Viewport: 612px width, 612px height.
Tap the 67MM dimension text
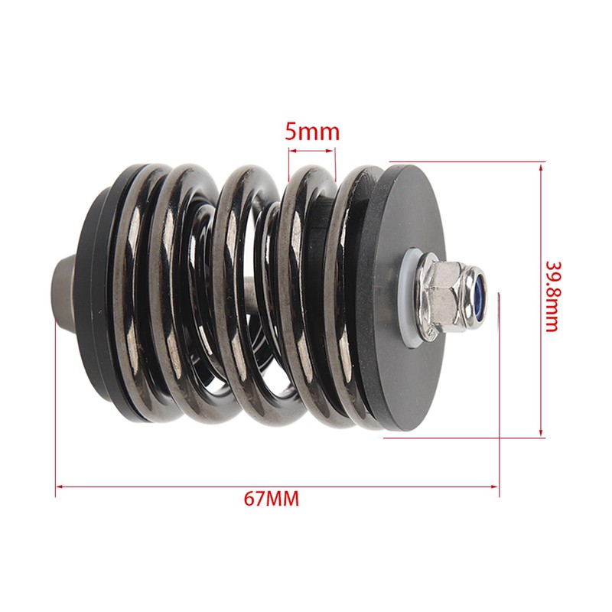(271, 500)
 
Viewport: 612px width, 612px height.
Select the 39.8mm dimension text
(552, 297)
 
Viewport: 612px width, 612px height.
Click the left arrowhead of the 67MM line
(58, 484)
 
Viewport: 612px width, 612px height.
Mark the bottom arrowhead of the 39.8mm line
(542, 435)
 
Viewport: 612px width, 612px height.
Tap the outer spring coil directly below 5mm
(306, 191)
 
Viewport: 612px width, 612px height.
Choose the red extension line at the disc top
(467, 161)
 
